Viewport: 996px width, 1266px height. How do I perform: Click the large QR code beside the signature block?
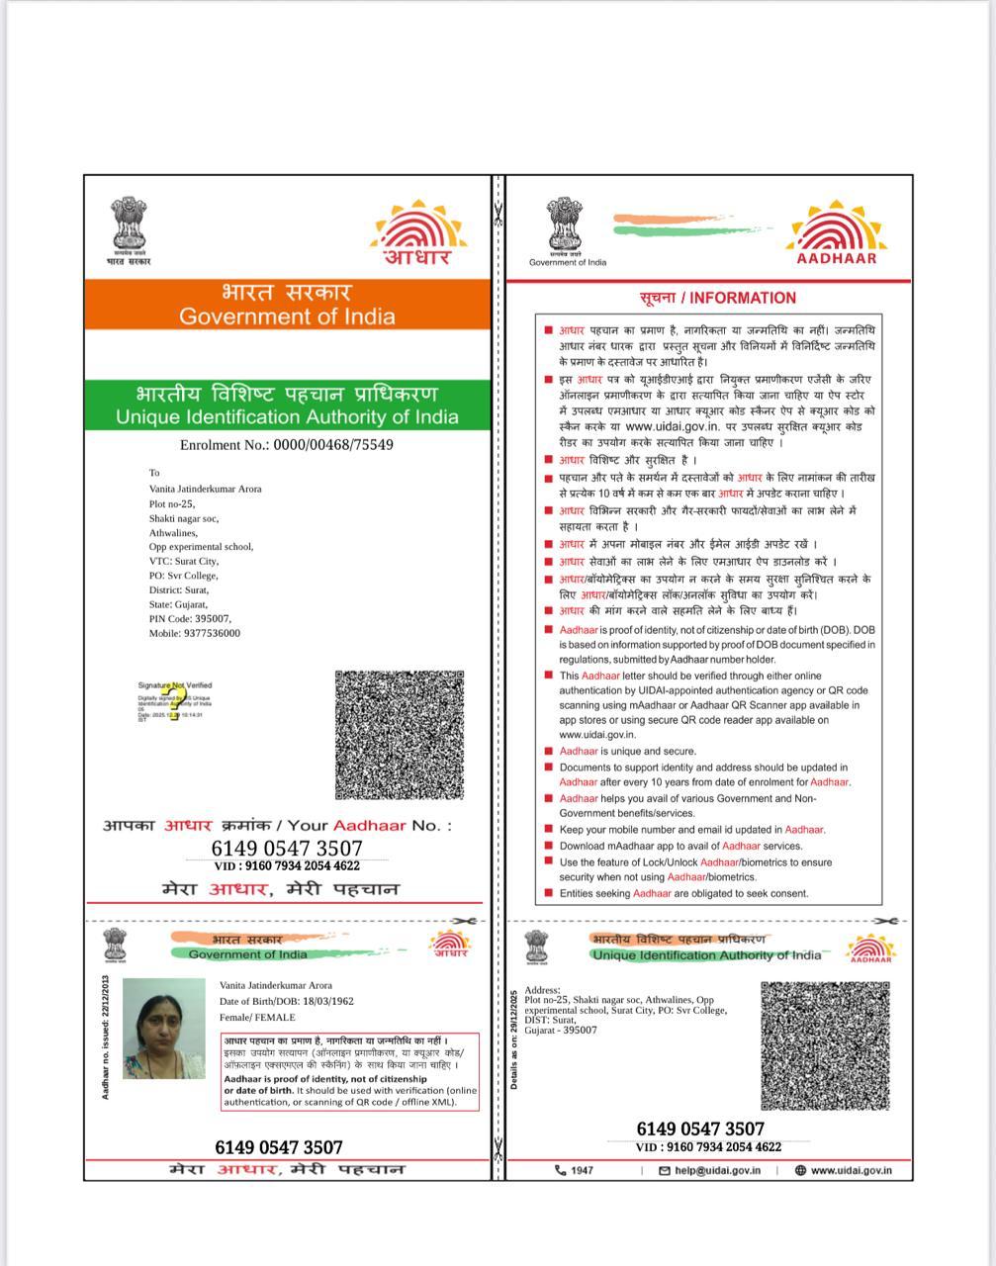pos(400,735)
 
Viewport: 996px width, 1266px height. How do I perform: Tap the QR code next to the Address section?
pos(825,1045)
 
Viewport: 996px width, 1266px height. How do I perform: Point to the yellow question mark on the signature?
pos(175,704)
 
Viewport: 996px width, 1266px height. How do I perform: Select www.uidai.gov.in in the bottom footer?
pos(850,1170)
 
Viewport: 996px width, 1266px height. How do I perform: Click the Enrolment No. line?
pos(287,445)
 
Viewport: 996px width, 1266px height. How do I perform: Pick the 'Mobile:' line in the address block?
pos(195,633)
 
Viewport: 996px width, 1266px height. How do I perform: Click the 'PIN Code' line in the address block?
pos(190,618)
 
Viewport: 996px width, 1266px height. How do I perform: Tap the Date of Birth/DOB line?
pos(287,1001)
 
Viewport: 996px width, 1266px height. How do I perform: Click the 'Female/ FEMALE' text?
pos(257,1017)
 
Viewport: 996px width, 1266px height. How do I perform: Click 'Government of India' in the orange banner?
pos(287,316)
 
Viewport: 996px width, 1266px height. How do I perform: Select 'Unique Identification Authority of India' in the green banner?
pos(287,416)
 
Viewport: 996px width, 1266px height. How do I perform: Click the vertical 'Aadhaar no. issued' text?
pos(105,1037)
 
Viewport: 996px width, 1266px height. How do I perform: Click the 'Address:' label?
pos(542,990)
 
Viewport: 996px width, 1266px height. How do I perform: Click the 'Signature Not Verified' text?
pos(174,684)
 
